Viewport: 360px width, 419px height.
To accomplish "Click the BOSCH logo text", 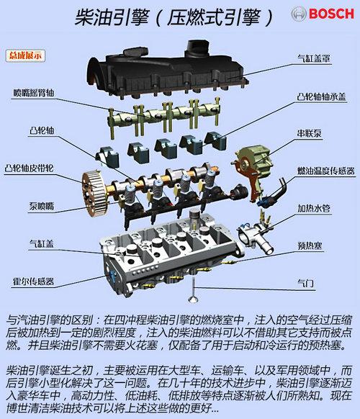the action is coord(331,14).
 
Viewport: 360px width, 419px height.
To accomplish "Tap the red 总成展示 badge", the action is coord(25,55).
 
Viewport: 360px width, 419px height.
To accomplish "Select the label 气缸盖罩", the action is coord(314,58).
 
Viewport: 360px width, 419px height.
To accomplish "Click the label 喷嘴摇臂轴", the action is coord(34,93).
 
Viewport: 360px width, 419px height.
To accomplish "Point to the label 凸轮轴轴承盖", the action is coord(322,96).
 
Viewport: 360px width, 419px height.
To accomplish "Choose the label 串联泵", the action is coord(309,133).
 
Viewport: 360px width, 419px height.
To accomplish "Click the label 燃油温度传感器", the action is coord(325,171).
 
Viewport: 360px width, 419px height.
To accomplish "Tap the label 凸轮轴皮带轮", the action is coord(29,168).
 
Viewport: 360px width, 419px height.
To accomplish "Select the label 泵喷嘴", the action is coord(42,207).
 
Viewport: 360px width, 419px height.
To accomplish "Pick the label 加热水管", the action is coord(314,209).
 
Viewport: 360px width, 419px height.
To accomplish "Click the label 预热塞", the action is coord(310,245).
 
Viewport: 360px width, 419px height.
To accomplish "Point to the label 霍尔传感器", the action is coord(33,281).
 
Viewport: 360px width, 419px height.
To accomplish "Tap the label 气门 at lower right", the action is coord(306,283).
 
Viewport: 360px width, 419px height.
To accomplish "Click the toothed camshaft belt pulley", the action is coord(95,194).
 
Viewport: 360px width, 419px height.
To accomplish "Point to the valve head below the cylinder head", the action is coord(192,299).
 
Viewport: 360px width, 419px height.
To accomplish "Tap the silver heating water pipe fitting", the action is coord(256,236).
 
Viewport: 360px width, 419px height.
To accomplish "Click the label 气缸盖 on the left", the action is coord(42,243).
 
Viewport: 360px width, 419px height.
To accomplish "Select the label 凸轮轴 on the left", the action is coord(42,131).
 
